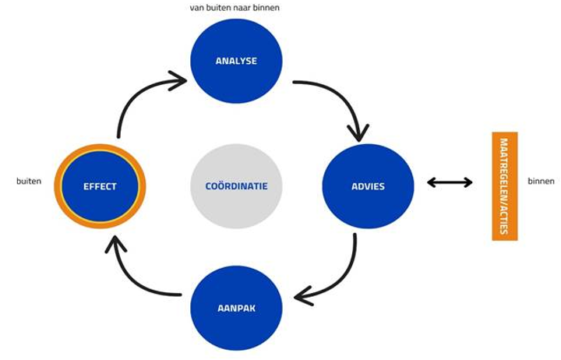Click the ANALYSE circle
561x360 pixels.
pyautogui.click(x=236, y=62)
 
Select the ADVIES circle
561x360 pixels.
pyautogui.click(x=368, y=186)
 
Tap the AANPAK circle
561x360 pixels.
pyautogui.click(x=236, y=308)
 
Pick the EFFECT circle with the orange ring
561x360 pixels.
pyautogui.click(x=100, y=186)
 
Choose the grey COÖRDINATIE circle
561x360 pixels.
pyautogui.click(x=236, y=186)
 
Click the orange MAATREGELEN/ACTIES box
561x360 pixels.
pyautogui.click(x=505, y=186)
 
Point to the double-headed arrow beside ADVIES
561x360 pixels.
pyautogui.click(x=450, y=182)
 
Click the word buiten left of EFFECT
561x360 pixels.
pyautogui.click(x=29, y=181)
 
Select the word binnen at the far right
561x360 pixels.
pyautogui.click(x=541, y=181)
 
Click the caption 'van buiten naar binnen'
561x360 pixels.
pyautogui.click(x=235, y=8)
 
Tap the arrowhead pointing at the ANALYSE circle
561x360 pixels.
pyautogui.click(x=179, y=80)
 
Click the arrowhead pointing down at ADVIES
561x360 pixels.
pyautogui.click(x=358, y=133)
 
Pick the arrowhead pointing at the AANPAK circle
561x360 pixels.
pyautogui.click(x=303, y=296)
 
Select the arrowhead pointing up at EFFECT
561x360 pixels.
pyautogui.click(x=115, y=244)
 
